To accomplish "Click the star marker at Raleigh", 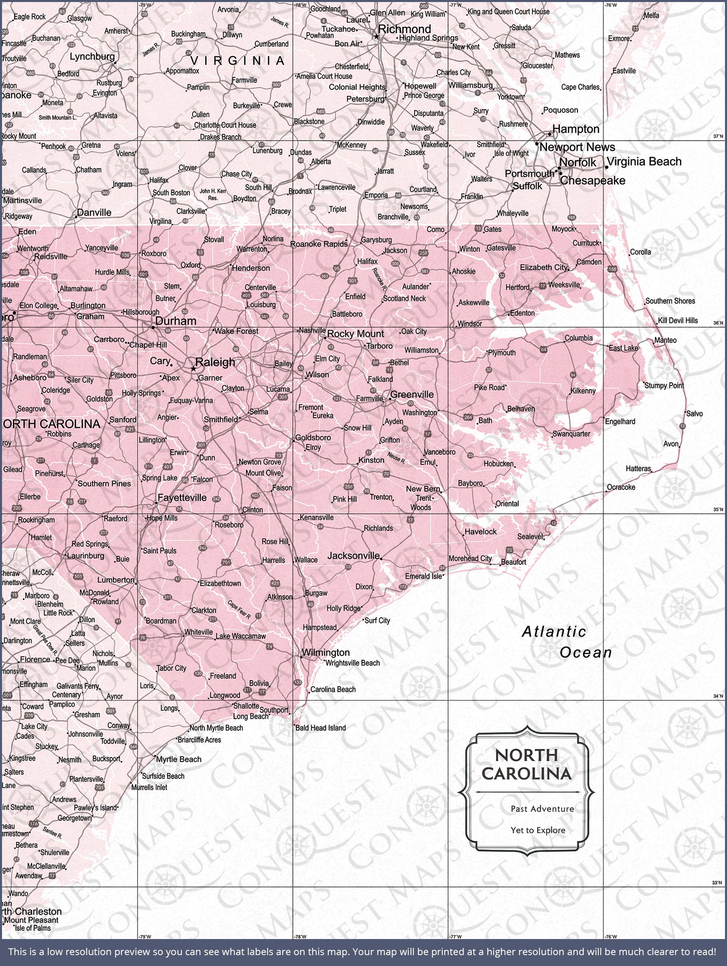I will coord(193,369).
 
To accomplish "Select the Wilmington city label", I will coord(326,652).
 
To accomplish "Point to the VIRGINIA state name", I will coord(237,61).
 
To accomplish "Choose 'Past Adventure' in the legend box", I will coord(542,809).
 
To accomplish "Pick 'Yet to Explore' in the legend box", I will coord(538,830).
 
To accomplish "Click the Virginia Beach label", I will coord(644,161).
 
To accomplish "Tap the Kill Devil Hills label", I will coord(678,320).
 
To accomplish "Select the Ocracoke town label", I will coord(621,487).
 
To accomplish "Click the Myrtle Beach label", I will coord(179,760).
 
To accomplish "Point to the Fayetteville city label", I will coord(182,498).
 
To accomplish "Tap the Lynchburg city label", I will coord(92,56).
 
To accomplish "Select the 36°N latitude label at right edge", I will coord(718,323).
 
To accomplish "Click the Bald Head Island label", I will coord(321,728).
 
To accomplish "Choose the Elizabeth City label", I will coord(543,267).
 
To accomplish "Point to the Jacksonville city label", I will coord(353,555).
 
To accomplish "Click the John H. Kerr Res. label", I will coord(213,194).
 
